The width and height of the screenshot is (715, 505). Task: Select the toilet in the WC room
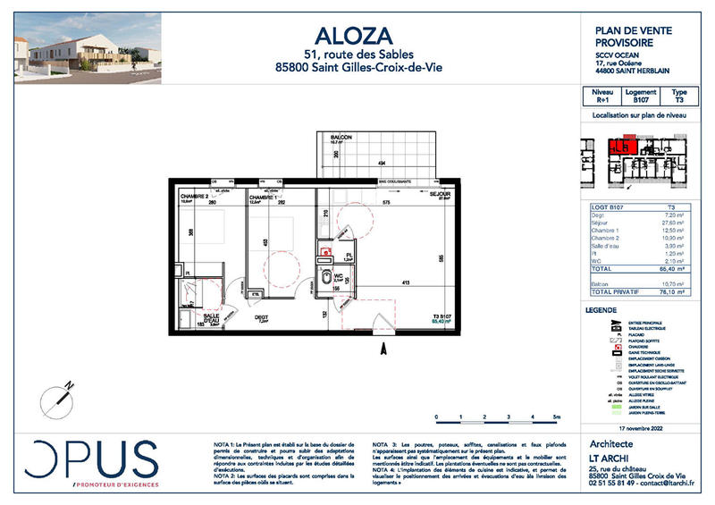[324, 277]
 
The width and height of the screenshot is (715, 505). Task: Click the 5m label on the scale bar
[556, 417]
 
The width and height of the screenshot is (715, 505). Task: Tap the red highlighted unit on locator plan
[619, 145]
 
